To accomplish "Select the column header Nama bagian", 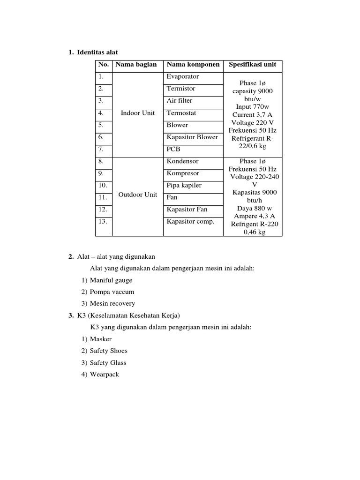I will click(136, 64).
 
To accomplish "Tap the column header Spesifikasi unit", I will click(252, 64).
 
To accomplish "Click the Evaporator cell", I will click(183, 76).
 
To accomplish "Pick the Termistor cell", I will click(181, 89).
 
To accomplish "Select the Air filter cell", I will click(180, 101).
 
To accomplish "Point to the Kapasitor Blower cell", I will click(192, 137).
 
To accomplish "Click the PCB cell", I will click(173, 150).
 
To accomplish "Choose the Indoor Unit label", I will click(138, 113).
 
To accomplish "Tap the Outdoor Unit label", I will click(138, 195).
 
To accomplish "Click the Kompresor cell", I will click(184, 173).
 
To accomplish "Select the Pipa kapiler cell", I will click(184, 186).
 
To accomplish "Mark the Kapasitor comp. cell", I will click(190, 222).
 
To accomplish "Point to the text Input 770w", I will click(252, 106).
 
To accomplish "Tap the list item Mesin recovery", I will click(112, 304).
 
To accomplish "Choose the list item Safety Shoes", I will click(108, 351).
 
